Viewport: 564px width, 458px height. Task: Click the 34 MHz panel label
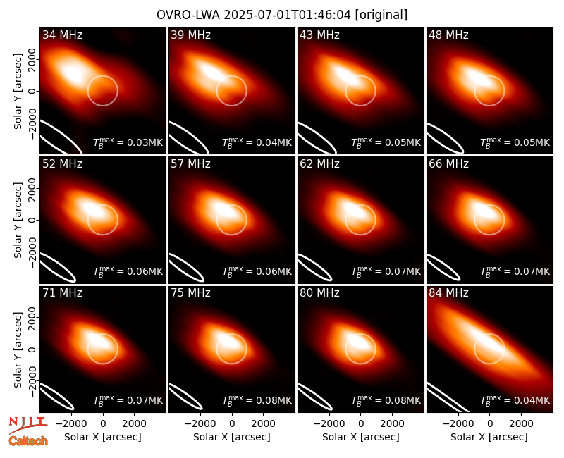tap(62, 35)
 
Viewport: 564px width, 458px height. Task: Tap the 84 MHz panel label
tap(448, 293)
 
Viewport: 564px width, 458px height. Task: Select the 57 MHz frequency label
tap(190, 164)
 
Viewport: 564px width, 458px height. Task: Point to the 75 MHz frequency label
tap(190, 293)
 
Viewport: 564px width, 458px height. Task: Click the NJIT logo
tap(27, 425)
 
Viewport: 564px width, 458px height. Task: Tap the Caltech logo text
tap(28, 441)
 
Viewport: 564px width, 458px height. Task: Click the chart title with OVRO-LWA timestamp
tap(282, 15)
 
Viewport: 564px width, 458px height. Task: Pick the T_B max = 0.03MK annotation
tap(128, 142)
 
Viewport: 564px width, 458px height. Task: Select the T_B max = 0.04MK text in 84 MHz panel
tap(515, 400)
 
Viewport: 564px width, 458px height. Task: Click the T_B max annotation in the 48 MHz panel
tap(515, 142)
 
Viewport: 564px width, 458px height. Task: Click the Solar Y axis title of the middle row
tap(18, 220)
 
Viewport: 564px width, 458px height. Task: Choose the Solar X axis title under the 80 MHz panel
tap(360, 437)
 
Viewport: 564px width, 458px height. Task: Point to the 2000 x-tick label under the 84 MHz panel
tap(521, 423)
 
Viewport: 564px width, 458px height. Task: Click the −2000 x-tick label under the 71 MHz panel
tap(71, 423)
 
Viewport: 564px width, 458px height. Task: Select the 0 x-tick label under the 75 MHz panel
tap(232, 423)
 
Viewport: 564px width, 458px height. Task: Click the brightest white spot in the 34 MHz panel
tap(73, 73)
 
